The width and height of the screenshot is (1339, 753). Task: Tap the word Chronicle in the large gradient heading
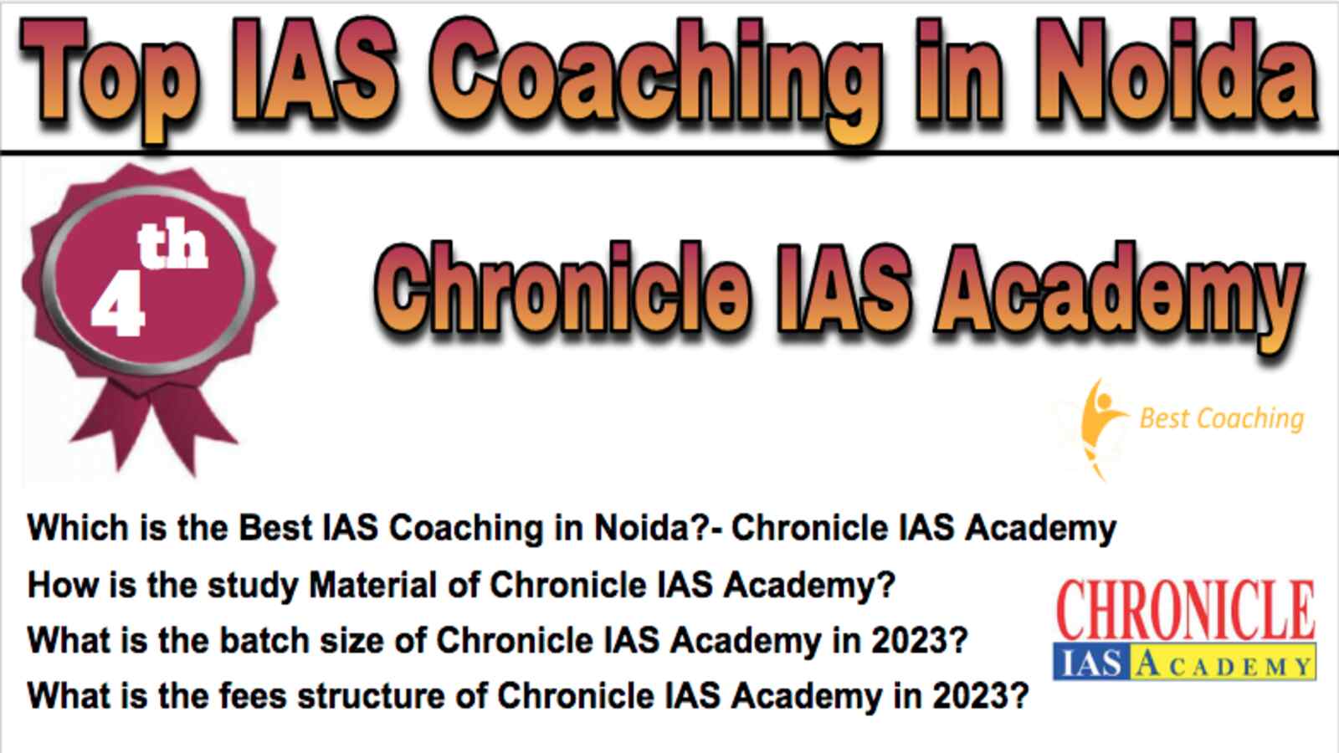(562, 288)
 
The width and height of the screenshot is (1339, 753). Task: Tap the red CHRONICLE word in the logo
(1186, 610)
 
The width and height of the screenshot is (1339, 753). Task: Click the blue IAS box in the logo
(1091, 662)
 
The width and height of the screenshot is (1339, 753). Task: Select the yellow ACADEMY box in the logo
(1223, 662)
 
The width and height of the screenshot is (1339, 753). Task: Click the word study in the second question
(253, 586)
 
